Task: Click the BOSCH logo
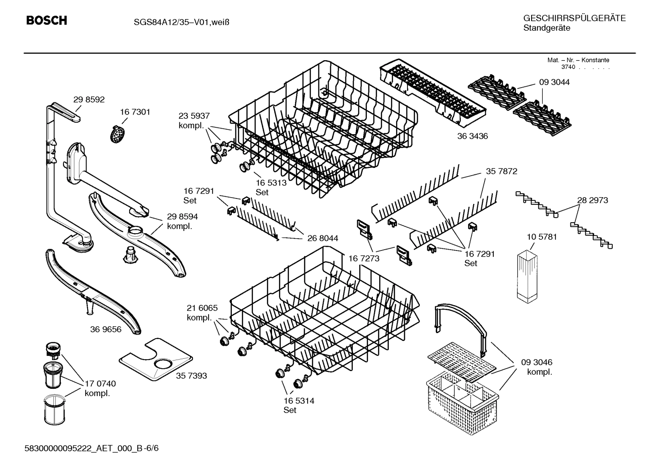coord(47,21)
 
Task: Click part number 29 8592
coord(89,99)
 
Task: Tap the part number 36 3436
coord(472,136)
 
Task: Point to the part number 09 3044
coord(554,82)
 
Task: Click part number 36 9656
coord(105,329)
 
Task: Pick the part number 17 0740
coord(100,383)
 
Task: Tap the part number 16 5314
coord(298,401)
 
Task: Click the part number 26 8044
coord(323,238)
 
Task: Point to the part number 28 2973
coord(592,200)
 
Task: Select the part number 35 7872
coord(501,171)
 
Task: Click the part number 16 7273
coord(364,259)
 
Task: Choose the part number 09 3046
coord(537,362)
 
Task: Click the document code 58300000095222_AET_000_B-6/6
coord(92,449)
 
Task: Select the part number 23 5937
coord(194,116)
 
